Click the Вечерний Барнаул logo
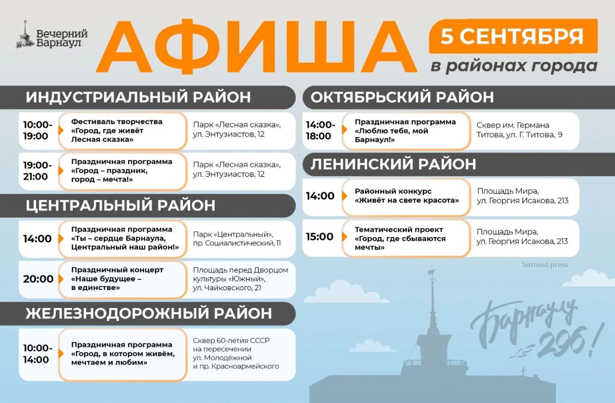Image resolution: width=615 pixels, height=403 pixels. tap(52, 35)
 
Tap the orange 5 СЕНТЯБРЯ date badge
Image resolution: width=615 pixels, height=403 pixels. tap(513, 36)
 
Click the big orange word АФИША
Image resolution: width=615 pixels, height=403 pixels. tap(256, 47)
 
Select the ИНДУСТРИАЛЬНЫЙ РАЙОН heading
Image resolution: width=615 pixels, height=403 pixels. tap(138, 97)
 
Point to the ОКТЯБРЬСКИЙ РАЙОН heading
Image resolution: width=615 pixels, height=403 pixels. tap(402, 97)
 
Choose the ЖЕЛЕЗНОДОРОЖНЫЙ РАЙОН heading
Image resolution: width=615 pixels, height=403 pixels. tap(149, 313)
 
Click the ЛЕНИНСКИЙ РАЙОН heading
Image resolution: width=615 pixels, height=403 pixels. tap(393, 164)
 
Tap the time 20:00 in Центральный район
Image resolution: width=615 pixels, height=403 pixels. tap(38, 279)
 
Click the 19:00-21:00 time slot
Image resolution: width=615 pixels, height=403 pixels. tap(37, 171)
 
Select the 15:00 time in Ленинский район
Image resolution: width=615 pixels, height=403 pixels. tap(320, 237)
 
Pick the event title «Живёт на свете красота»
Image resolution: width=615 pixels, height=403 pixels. tap(406, 200)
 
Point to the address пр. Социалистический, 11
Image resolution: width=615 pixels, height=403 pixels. tap(237, 243)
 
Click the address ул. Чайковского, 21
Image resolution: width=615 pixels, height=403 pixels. tap(227, 288)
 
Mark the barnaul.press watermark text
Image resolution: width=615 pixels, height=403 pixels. tap(545, 264)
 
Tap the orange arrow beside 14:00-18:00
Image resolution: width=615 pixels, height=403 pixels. tap(344, 129)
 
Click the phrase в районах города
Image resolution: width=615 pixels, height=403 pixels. tap(514, 66)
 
